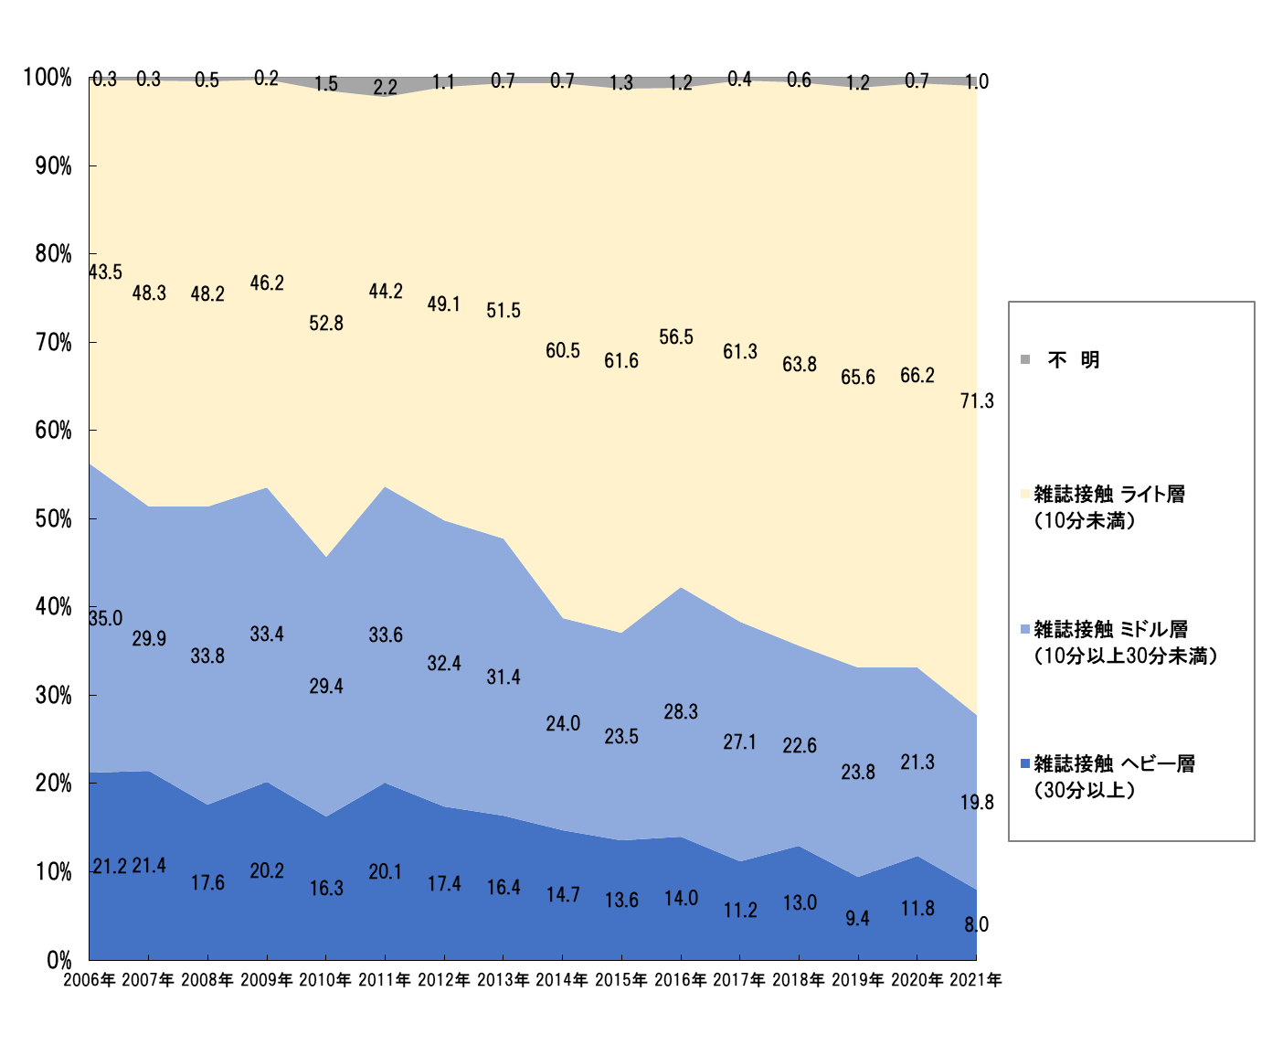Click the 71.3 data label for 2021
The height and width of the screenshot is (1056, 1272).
coord(977,400)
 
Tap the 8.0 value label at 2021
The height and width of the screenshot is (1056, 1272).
coord(976,924)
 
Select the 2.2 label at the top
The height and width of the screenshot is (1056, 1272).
coord(386,87)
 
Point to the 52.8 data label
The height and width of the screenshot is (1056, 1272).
coord(326,323)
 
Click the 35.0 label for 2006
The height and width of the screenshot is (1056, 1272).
coord(105,618)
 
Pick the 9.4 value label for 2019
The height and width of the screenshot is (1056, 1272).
coord(857,918)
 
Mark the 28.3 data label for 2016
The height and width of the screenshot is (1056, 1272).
coord(681,711)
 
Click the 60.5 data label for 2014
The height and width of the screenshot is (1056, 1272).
coord(563,350)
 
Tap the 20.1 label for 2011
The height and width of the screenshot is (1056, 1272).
coord(386,871)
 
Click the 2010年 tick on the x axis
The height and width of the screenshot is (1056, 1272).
coord(326,980)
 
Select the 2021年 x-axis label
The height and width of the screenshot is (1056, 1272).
coord(976,980)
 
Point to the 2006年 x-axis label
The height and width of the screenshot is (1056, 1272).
coord(90,980)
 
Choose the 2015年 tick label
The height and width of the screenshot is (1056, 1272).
coord(621,980)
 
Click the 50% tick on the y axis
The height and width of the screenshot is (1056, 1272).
coord(53,518)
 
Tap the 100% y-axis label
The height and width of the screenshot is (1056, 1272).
coord(48,77)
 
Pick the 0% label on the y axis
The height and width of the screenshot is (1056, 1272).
coord(59,960)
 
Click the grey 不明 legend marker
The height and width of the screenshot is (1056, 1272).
coord(1025,359)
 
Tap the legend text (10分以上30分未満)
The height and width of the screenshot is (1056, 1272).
coord(1125,656)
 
